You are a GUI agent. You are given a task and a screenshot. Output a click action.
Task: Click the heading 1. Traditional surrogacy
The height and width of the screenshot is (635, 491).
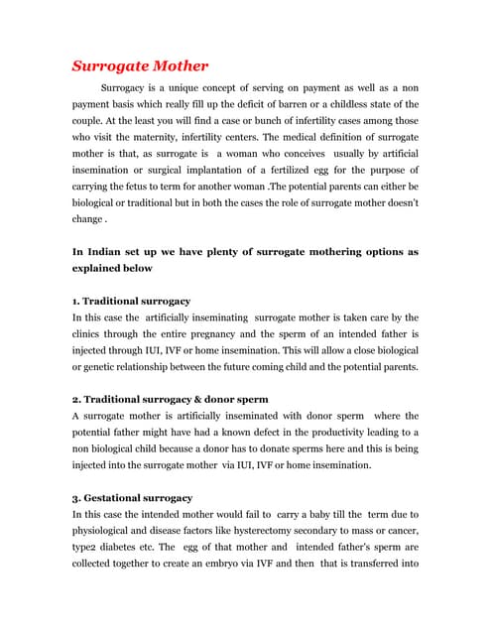(131, 300)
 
